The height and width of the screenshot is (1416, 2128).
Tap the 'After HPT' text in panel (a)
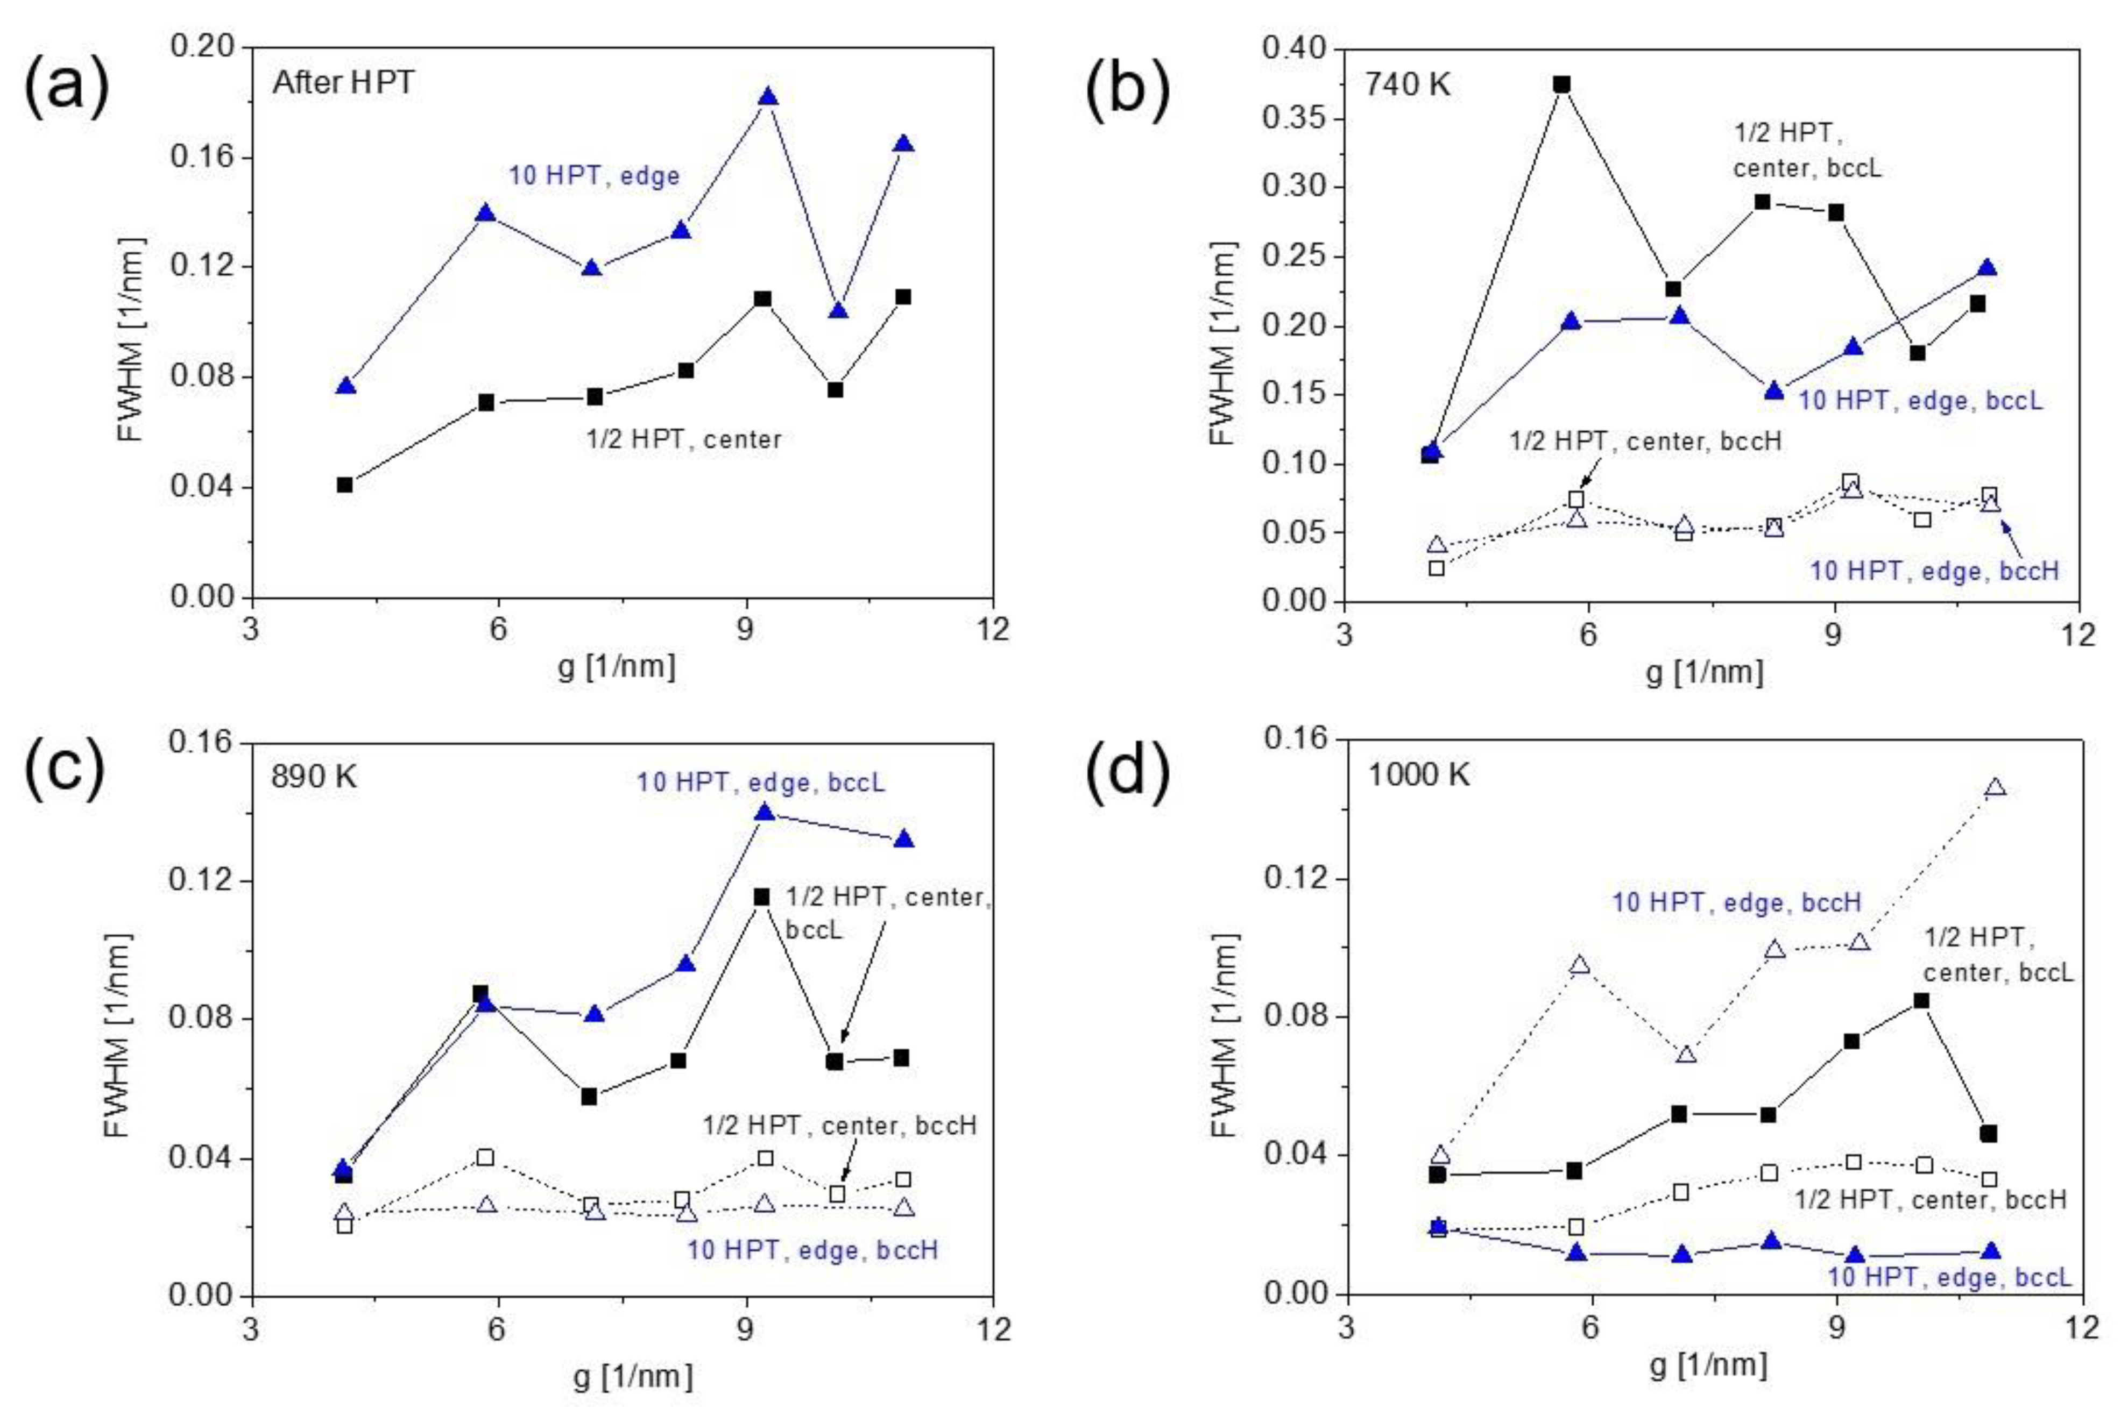click(343, 83)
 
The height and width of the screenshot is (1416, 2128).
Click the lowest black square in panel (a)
click(345, 485)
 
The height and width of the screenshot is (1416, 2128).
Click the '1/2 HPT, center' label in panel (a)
click(684, 440)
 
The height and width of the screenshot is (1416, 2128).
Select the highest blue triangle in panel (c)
click(765, 813)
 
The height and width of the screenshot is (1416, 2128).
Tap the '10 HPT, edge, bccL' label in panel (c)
click(760, 782)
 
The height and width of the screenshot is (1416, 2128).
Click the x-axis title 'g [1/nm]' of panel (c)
click(632, 1376)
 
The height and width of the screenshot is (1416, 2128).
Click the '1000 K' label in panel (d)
click(1418, 775)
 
